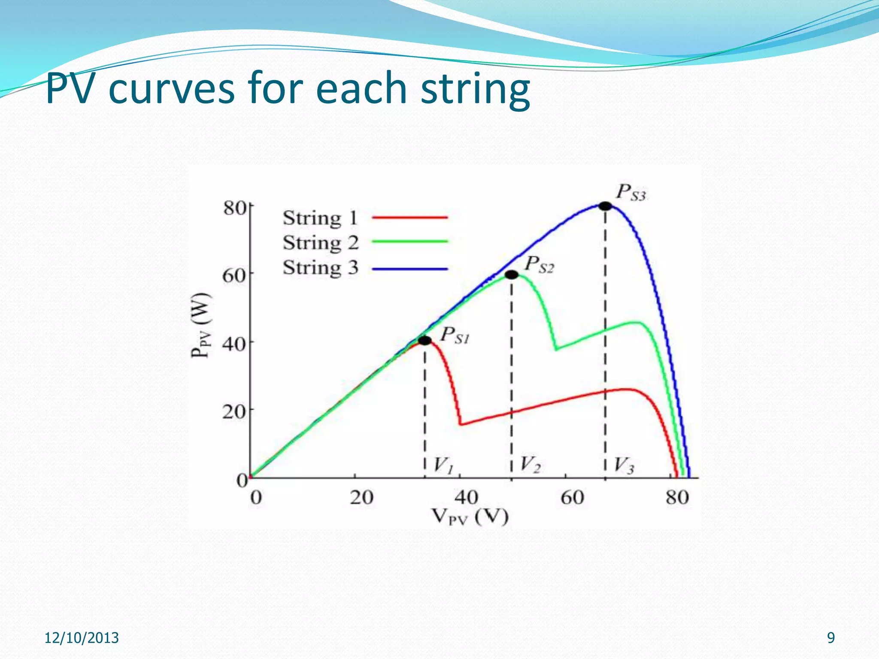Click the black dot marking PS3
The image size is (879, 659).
click(605, 206)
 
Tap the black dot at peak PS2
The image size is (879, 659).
click(511, 275)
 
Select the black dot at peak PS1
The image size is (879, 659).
click(424, 341)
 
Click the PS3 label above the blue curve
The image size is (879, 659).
click(630, 193)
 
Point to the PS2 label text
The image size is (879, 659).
click(539, 265)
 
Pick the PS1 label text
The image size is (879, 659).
click(455, 336)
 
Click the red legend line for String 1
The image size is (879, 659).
click(409, 218)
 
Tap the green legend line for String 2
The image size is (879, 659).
click(409, 242)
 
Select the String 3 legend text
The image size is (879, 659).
click(320, 268)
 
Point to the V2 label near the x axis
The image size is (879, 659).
click(530, 465)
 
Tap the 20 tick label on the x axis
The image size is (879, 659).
click(361, 498)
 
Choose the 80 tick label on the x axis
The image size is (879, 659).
click(677, 498)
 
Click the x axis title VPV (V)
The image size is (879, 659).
click(470, 517)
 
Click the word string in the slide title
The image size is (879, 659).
click(475, 89)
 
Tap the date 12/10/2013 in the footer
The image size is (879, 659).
click(82, 638)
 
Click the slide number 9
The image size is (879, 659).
click(831, 638)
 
